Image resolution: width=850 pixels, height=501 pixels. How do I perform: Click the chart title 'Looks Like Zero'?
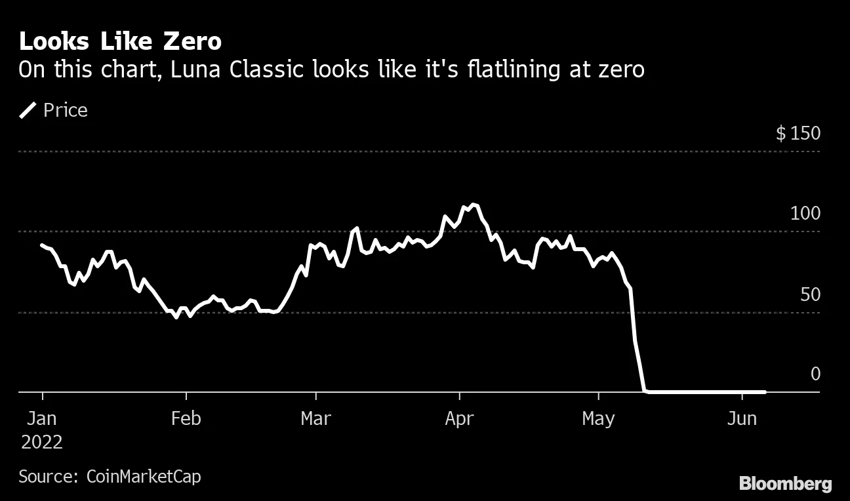(x=120, y=42)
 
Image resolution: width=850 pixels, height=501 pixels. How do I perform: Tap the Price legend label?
(x=65, y=110)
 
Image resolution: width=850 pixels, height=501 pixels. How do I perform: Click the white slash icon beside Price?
(x=28, y=110)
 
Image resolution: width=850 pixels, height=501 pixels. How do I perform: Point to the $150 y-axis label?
(x=798, y=134)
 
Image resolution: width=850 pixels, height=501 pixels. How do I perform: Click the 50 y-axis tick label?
(x=810, y=294)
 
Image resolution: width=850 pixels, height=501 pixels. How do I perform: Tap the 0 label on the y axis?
(x=815, y=374)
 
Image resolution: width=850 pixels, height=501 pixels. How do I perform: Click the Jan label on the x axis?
(x=42, y=418)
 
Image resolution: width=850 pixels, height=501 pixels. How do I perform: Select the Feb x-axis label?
(x=186, y=418)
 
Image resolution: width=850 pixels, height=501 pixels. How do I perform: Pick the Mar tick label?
(x=315, y=418)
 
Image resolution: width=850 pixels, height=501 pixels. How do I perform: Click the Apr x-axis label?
(x=459, y=418)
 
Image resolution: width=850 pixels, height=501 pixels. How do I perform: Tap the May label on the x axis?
(x=598, y=418)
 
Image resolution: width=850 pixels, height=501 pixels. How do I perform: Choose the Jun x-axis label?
(x=742, y=418)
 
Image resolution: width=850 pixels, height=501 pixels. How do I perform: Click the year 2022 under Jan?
(x=42, y=442)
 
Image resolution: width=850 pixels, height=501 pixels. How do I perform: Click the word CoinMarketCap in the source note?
(x=144, y=476)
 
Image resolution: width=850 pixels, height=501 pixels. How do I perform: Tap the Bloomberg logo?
(x=785, y=484)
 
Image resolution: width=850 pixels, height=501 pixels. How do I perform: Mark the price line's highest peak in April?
(x=474, y=205)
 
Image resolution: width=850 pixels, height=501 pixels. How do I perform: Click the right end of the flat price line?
(x=764, y=392)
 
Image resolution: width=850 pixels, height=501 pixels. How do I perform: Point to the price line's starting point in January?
(x=42, y=245)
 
